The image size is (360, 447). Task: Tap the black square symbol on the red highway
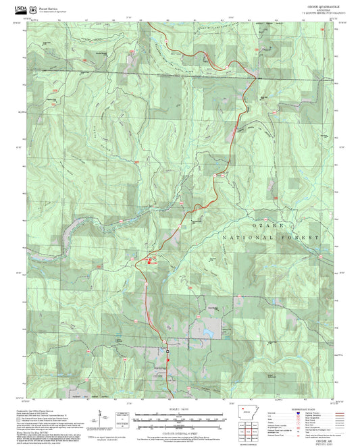166,351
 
